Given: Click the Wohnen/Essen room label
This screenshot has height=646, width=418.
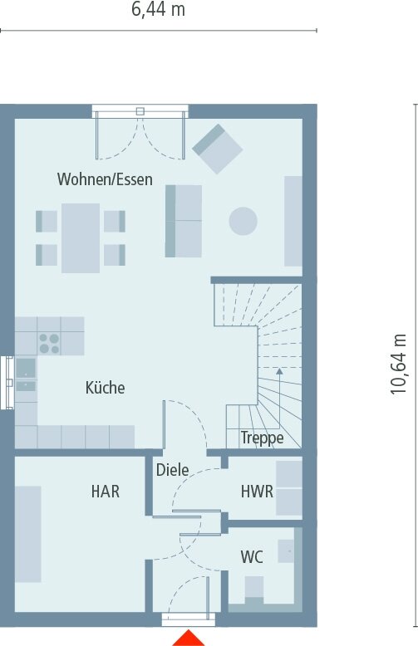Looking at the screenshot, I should [105, 179].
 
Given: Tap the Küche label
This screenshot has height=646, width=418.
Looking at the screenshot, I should [105, 387].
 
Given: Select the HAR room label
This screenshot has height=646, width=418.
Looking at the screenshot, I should [106, 492].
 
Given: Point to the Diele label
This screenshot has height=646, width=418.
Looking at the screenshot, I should [172, 470].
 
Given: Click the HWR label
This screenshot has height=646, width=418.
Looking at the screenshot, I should [257, 492].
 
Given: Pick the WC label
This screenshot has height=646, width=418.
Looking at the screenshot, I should [252, 555].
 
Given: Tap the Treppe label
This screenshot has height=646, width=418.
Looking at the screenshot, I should [262, 438].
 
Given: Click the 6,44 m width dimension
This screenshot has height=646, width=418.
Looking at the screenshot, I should [158, 10].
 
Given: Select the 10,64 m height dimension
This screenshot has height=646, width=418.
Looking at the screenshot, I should [401, 364].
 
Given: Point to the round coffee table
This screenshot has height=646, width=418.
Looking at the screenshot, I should [243, 221].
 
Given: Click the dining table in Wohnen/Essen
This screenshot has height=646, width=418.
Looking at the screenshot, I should [81, 237].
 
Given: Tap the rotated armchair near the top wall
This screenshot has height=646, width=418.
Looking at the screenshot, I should [218, 149].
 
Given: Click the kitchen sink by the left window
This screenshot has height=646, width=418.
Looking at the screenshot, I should [26, 374].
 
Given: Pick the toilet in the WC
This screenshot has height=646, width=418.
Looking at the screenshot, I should [253, 589].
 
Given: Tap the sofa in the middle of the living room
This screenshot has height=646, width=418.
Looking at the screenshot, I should [184, 220].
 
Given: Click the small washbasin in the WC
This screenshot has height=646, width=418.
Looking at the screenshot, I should [287, 548].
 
